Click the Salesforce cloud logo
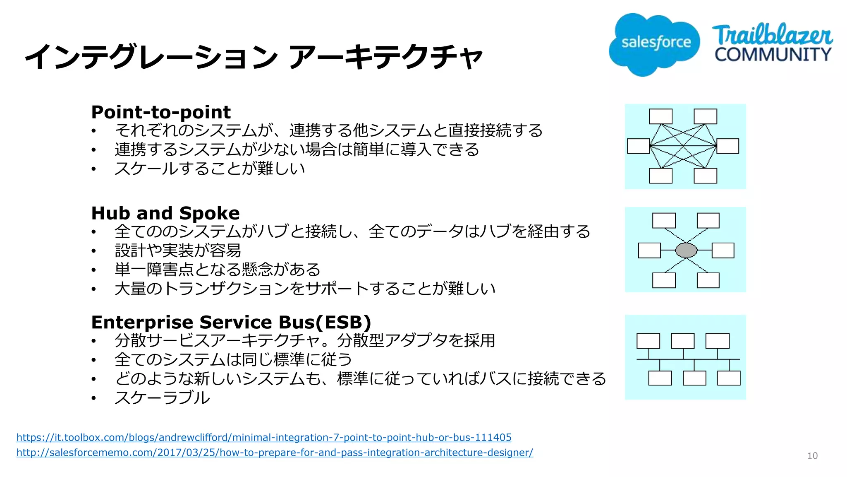pyautogui.click(x=654, y=44)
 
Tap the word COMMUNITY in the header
pyautogui.click(x=773, y=55)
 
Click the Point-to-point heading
pyautogui.click(x=161, y=112)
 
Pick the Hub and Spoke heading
pyautogui.click(x=165, y=213)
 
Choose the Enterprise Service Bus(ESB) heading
pyautogui.click(x=231, y=322)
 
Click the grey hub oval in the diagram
pyautogui.click(x=686, y=250)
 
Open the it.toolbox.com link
pyautogui.click(x=264, y=437)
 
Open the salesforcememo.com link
pyautogui.click(x=275, y=453)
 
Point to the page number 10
pyautogui.click(x=812, y=456)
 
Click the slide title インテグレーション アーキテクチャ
pyautogui.click(x=253, y=56)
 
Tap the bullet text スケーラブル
pyautogui.click(x=162, y=397)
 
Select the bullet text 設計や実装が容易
pyautogui.click(x=178, y=251)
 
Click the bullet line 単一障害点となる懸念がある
pyautogui.click(x=218, y=270)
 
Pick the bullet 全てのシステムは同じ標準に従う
pyautogui.click(x=233, y=359)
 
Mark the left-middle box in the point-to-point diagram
pyautogui.click(x=638, y=146)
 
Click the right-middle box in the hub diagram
pyautogui.click(x=723, y=251)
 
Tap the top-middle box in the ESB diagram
pyautogui.click(x=682, y=341)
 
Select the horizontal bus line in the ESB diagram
pyautogui.click(x=688, y=359)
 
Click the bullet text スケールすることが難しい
pyautogui.click(x=210, y=169)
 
